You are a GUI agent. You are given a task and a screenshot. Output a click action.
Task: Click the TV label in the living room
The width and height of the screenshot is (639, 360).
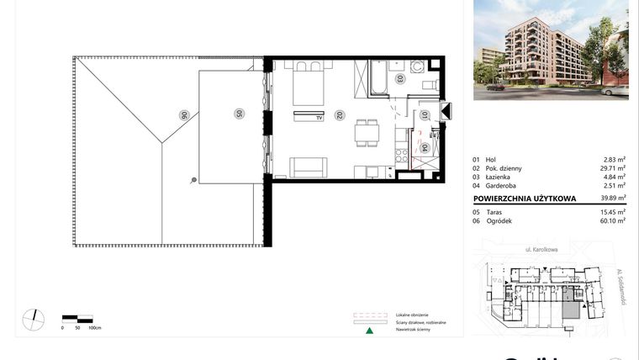(x=319, y=119)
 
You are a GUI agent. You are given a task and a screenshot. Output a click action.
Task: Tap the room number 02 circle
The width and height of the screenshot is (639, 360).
(x=338, y=115)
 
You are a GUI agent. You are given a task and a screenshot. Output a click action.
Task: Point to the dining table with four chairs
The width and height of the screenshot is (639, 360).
(x=367, y=131)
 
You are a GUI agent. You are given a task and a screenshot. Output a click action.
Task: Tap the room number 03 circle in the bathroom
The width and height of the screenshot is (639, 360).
(x=399, y=79)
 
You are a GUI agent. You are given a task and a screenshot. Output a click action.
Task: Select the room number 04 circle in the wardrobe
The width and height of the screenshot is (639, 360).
(x=425, y=147)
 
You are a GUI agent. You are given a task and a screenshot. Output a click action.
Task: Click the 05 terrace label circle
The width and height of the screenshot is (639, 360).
(x=239, y=113)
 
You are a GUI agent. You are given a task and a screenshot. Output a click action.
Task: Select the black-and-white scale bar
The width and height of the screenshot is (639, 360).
(x=77, y=319)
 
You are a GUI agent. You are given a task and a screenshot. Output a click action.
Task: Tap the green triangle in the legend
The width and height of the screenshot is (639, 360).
(x=368, y=331)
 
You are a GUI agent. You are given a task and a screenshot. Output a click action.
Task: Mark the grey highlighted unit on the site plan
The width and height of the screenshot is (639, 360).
(x=570, y=304)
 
